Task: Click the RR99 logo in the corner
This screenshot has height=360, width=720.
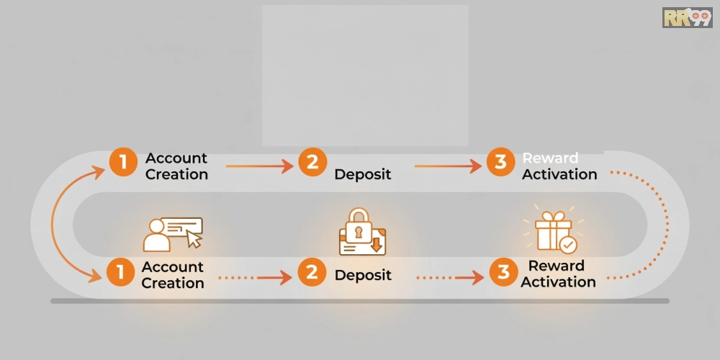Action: click(x=687, y=17)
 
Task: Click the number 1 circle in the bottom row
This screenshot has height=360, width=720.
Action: click(x=121, y=272)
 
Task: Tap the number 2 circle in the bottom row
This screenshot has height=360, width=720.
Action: click(x=312, y=272)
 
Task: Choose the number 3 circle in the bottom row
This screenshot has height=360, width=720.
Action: click(x=503, y=272)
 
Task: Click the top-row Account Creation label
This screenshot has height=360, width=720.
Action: click(x=177, y=166)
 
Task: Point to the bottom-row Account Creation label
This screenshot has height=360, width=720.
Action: click(x=173, y=274)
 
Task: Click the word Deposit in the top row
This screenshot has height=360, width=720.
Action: click(x=363, y=174)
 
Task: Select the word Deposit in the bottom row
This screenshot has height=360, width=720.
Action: click(x=363, y=275)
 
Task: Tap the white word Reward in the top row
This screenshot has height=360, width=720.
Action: click(x=551, y=158)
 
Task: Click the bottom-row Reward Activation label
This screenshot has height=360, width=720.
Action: click(x=559, y=274)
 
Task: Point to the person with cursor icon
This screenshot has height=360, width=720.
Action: click(x=173, y=234)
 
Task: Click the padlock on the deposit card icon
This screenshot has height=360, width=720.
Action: click(x=359, y=225)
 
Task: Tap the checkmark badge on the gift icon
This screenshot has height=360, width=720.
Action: click(x=568, y=246)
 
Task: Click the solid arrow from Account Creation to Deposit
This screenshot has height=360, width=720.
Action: click(x=259, y=166)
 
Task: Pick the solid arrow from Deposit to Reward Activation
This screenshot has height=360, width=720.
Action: click(x=448, y=166)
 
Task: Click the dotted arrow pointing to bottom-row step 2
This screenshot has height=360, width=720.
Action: click(x=256, y=277)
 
